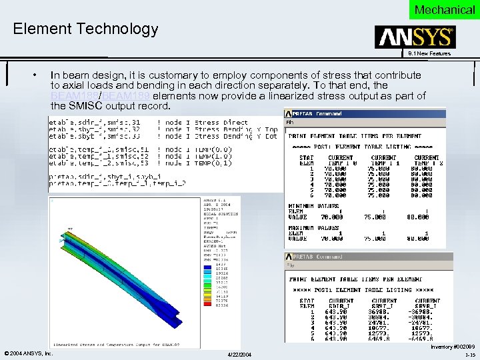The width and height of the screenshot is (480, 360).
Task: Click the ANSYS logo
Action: [x=415, y=37]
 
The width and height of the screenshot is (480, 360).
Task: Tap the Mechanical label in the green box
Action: [x=445, y=9]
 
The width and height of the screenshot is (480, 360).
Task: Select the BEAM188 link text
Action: [x=76, y=96]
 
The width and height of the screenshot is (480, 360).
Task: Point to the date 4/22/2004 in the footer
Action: [x=239, y=353]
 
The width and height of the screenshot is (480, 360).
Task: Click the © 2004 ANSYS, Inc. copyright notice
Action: [x=27, y=353]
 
